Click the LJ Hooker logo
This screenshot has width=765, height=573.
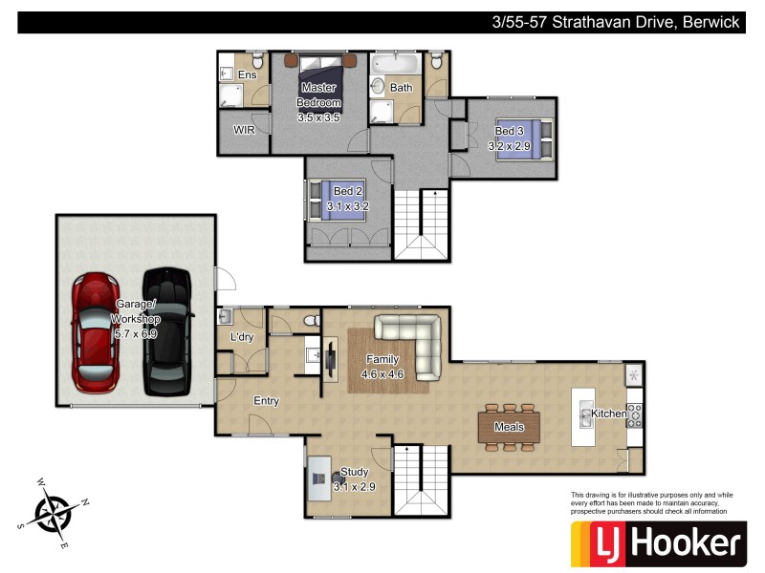657,543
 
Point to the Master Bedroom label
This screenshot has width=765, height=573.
318,95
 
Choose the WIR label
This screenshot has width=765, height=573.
244,129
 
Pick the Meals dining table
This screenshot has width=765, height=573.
509,427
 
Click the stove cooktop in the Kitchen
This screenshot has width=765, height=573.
633,413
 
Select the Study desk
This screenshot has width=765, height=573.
318,483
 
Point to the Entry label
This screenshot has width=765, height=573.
266,401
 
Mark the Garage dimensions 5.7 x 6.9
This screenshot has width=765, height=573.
135,335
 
